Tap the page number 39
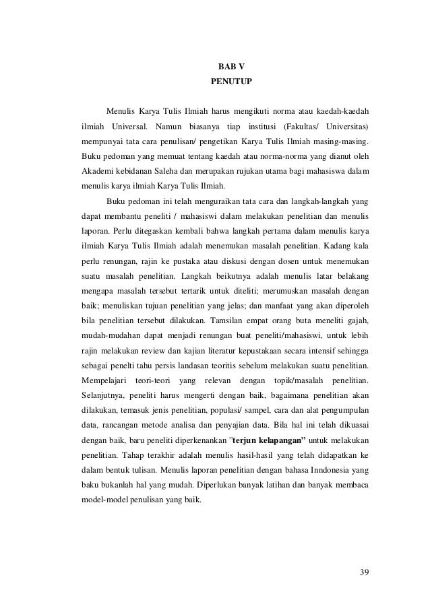tap(364, 572)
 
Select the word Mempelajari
tap(104, 378)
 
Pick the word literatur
tap(212, 349)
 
